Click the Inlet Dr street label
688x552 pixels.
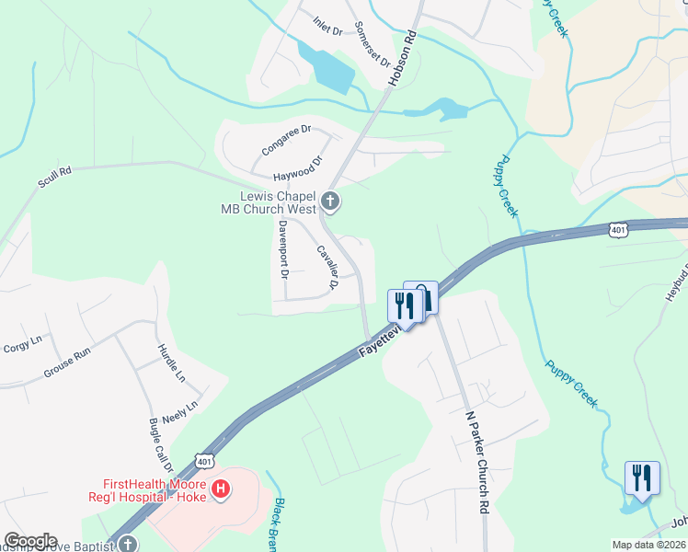pos(327,26)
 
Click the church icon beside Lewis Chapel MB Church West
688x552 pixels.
pos(329,201)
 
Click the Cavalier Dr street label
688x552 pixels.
pos(327,268)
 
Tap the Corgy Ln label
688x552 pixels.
pos(23,344)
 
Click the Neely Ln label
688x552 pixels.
pos(180,412)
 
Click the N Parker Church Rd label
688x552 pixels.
pos(476,463)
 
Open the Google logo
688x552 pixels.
pos(30,541)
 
